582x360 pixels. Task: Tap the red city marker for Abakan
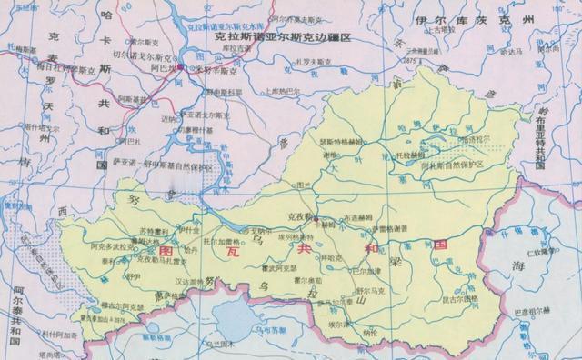coord(181,67)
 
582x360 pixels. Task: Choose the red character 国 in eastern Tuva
coord(441,244)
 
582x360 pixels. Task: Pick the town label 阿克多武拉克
coord(114,246)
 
